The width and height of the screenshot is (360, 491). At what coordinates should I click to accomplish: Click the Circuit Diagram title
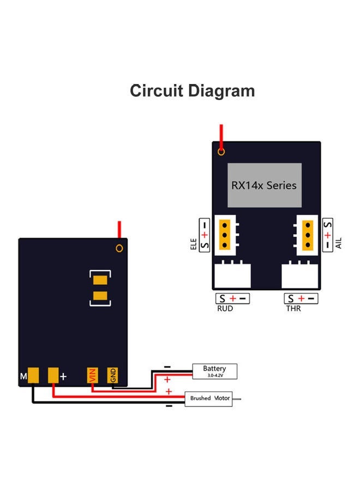[192, 91]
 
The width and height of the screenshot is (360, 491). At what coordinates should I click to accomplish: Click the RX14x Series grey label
[264, 185]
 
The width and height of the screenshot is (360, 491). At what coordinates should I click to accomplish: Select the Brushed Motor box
[209, 398]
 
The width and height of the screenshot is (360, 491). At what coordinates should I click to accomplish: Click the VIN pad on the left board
[92, 375]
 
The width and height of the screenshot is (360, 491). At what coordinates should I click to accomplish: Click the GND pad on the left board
[112, 375]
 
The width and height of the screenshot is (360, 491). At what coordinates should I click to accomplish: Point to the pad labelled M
[34, 375]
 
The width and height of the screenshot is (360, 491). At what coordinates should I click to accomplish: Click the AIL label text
[339, 243]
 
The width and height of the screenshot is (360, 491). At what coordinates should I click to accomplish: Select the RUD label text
[225, 309]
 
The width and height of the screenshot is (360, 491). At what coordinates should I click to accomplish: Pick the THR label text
[293, 309]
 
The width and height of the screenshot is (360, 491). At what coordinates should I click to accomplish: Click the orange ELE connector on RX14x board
[225, 235]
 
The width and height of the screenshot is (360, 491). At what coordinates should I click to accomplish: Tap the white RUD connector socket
[232, 276]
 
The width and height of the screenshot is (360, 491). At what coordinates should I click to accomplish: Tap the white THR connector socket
[300, 276]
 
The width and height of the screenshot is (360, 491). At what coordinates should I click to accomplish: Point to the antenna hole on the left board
[119, 249]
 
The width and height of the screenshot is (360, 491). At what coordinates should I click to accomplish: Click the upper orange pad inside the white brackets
[100, 281]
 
